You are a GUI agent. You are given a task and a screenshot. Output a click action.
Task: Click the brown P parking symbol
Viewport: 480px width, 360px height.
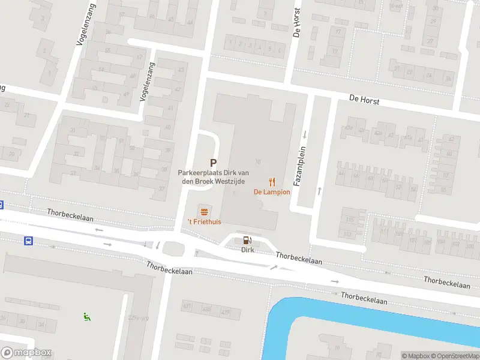[213, 163]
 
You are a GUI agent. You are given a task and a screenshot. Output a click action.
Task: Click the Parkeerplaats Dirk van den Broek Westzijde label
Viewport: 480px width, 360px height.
[209, 176]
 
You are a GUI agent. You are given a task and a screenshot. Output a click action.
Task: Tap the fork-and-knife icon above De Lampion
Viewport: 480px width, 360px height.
[272, 182]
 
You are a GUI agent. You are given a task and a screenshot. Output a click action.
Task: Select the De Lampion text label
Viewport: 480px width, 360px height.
[272, 192]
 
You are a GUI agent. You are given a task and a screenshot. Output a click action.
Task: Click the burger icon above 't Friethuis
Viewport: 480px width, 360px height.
[205, 211]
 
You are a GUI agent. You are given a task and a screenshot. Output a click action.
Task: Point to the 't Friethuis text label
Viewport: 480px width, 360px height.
[205, 222]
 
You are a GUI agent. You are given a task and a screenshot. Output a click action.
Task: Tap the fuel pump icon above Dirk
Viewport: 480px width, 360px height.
[247, 240]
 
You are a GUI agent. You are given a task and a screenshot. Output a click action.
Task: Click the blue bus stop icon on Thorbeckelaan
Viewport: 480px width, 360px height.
[28, 241]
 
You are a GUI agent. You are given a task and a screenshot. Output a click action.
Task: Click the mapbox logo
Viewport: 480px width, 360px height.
[26, 353]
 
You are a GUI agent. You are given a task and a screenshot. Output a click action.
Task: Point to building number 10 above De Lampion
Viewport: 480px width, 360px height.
[258, 161]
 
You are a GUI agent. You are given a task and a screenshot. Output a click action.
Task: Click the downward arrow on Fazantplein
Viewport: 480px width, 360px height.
[304, 134]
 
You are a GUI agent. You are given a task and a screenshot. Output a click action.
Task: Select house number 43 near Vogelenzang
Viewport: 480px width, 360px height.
[181, 70]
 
